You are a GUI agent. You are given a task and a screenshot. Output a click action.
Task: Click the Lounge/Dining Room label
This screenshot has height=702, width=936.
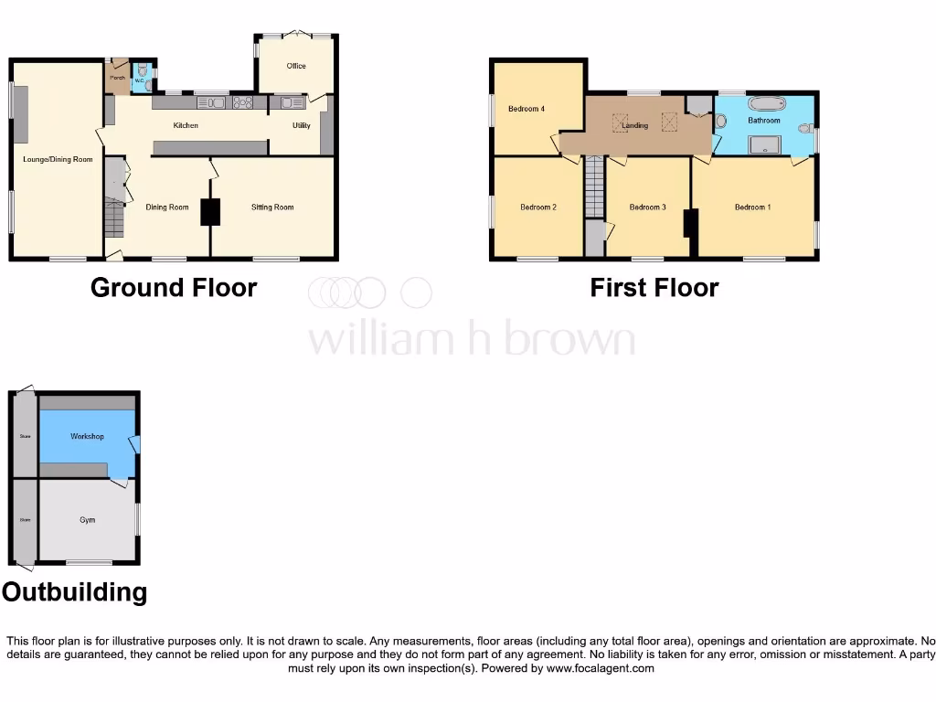(58, 160)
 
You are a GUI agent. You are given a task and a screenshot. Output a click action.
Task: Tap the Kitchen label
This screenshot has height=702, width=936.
(186, 125)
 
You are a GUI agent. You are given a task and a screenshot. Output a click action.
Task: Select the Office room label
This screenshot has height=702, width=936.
(295, 66)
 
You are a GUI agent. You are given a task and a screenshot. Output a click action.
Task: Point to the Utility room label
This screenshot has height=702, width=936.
(301, 125)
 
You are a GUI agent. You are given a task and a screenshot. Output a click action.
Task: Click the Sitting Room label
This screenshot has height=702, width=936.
(272, 207)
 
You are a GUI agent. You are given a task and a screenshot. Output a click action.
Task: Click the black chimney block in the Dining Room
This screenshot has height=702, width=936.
(211, 212)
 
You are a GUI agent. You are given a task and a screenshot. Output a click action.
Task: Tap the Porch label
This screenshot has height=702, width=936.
(117, 79)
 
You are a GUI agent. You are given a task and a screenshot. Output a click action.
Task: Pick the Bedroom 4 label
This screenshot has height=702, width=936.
(526, 109)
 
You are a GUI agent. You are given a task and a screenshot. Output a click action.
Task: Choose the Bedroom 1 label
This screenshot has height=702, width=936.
(752, 207)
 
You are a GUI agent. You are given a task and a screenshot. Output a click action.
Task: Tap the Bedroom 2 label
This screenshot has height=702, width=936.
(538, 207)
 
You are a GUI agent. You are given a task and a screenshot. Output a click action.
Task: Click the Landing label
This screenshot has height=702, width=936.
(635, 125)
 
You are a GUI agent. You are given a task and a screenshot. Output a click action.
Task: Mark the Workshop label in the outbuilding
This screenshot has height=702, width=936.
(87, 436)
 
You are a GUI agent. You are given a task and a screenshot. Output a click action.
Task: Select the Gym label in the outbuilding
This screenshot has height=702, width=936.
(87, 520)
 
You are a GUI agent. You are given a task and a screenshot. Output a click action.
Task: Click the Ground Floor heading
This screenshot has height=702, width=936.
(174, 288)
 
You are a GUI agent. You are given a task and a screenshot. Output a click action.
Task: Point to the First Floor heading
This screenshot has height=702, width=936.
(654, 288)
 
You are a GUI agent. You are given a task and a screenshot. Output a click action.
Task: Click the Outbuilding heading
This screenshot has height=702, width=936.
(74, 592)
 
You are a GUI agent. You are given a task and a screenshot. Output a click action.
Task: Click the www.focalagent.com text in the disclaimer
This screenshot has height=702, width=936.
(600, 668)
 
